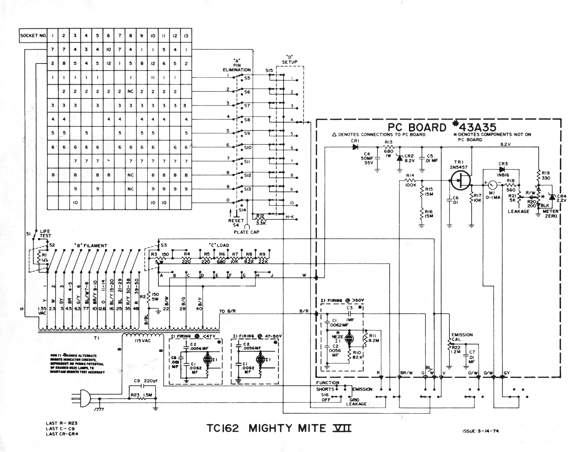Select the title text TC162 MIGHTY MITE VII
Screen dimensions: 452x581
tap(278, 428)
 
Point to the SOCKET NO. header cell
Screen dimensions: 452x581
tap(33, 36)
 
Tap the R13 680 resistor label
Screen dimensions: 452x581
tap(389, 146)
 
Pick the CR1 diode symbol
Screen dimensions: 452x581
tap(356, 146)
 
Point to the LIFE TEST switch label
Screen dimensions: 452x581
tap(45, 233)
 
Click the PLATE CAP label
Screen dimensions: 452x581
tap(246, 232)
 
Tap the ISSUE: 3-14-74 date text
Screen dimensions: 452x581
tap(480, 431)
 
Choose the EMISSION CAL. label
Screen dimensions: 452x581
tap(462, 337)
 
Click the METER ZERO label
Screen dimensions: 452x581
tap(550, 214)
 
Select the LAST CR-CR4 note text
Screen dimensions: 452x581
tap(62, 434)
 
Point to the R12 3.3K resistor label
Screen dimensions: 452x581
tap(261, 219)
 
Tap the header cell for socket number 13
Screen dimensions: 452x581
tap(186, 36)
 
